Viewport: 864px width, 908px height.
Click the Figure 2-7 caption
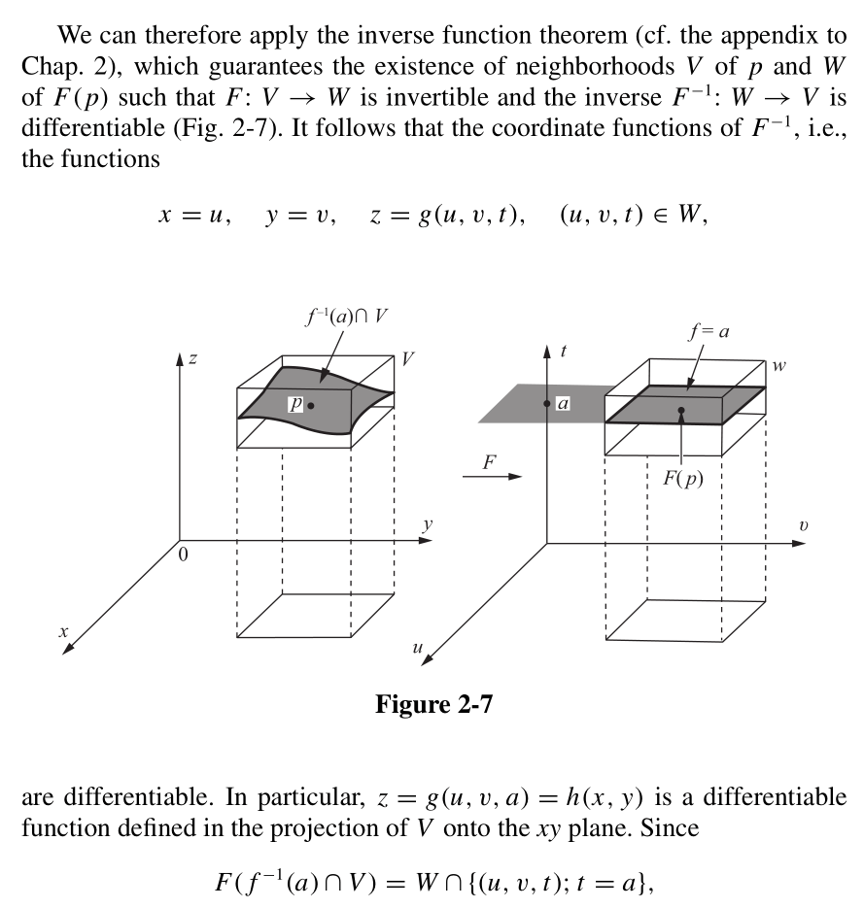[433, 704]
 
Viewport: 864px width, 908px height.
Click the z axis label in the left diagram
[192, 358]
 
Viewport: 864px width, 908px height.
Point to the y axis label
[426, 524]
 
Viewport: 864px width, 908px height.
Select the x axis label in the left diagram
[63, 631]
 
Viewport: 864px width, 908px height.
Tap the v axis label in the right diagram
[803, 524]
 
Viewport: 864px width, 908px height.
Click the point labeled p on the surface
[311, 405]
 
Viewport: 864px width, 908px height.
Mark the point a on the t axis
[547, 402]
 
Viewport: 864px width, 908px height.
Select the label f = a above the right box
[708, 332]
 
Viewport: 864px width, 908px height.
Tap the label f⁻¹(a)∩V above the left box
[347, 319]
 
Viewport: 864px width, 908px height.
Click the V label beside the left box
[408, 358]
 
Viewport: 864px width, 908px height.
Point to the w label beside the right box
[779, 366]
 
